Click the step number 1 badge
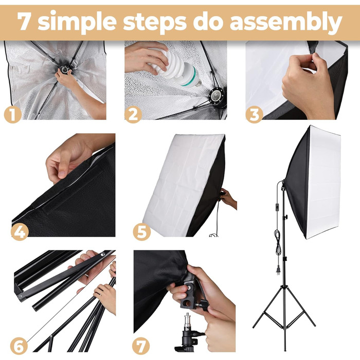[x=13, y=114]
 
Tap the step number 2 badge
[x=133, y=114]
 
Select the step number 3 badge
[x=254, y=114]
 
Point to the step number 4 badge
[x=20, y=231]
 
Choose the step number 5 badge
[x=141, y=231]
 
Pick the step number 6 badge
[x=19, y=346]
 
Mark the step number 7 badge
[x=141, y=346]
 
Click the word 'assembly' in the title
[x=286, y=22]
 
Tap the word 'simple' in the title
[x=77, y=22]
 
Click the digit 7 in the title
[x=25, y=21]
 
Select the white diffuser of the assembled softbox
[x=323, y=182]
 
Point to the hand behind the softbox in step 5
[x=228, y=198]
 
